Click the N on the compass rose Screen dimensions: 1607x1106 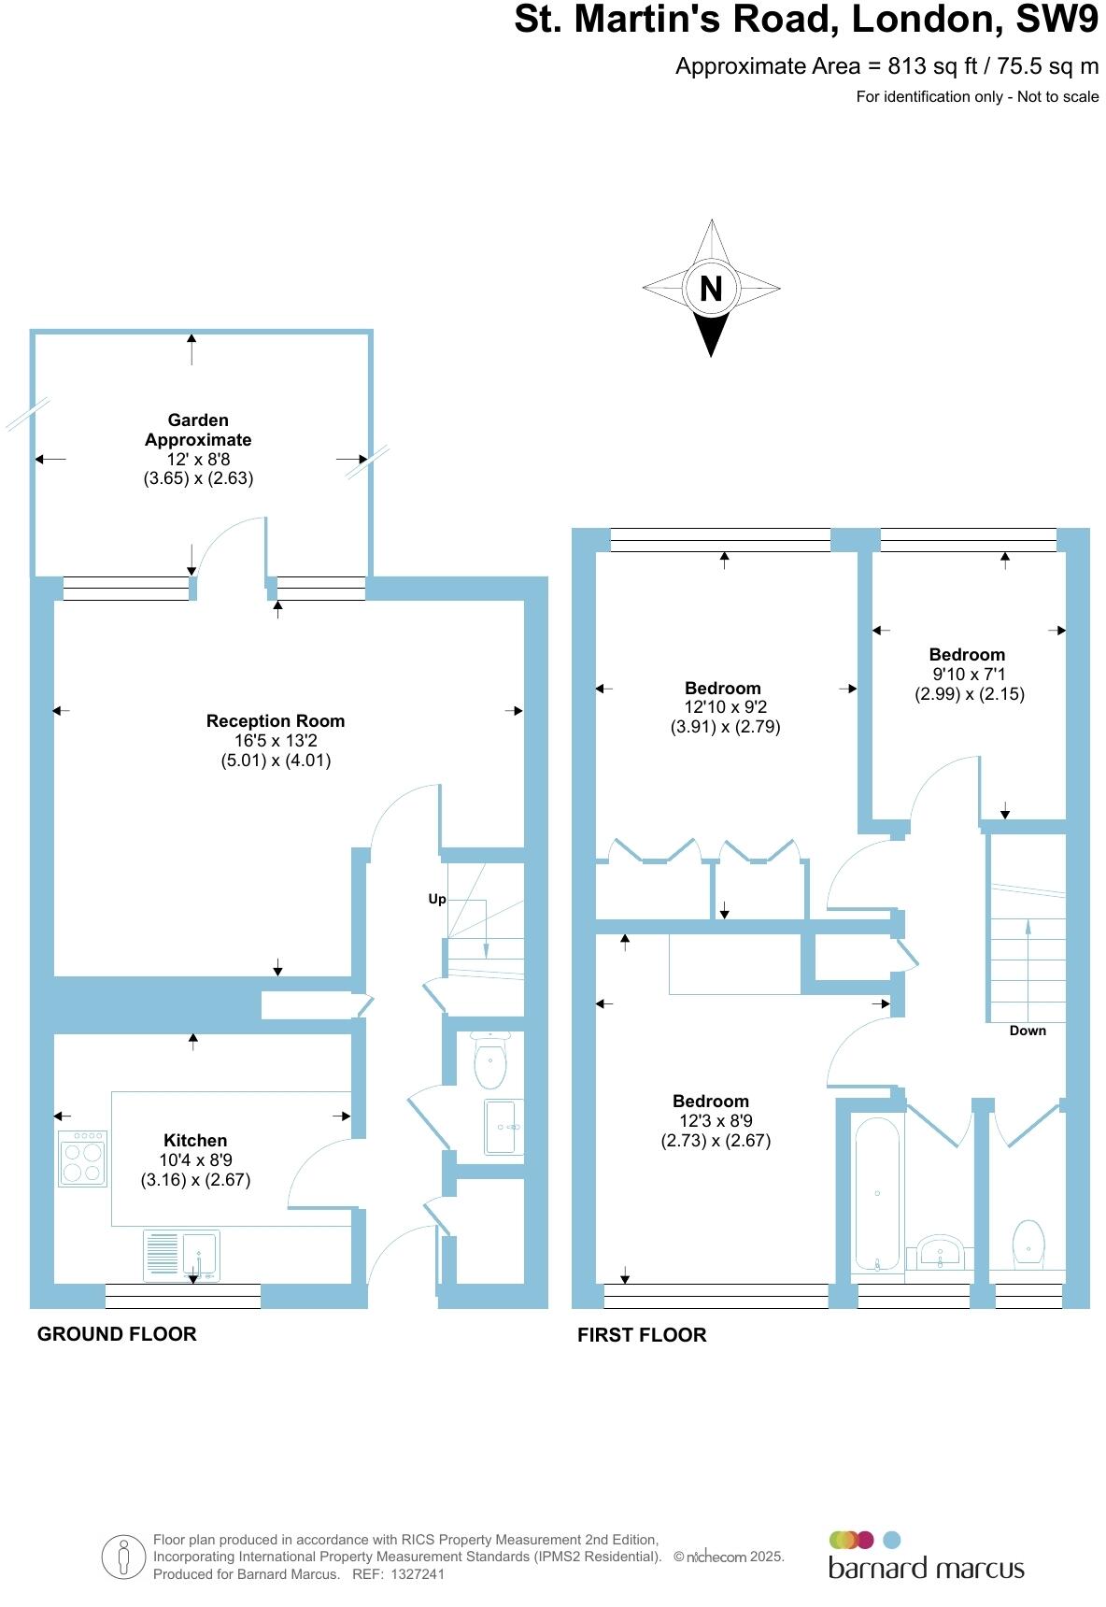coord(711,289)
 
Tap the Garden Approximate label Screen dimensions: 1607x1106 coord(198,430)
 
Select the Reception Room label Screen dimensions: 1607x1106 coord(276,720)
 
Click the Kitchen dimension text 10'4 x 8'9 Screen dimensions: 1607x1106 coord(195,1159)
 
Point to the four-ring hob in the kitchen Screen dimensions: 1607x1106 coord(82,1159)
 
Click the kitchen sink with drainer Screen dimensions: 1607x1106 coord(182,1256)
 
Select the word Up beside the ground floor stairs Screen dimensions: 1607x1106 coord(437,899)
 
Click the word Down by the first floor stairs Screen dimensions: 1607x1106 coord(1028,1031)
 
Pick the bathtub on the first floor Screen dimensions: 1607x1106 coord(877,1194)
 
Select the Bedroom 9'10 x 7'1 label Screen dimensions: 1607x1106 coord(967,654)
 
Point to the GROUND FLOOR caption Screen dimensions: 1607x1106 coord(117,1334)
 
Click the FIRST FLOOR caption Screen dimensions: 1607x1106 coord(642,1335)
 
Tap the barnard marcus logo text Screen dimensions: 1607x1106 coord(926,1568)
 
